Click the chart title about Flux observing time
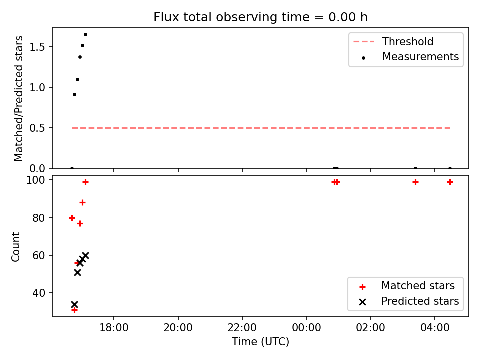pyautogui.click(x=260, y=17)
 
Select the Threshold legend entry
pyautogui.click(x=393, y=41)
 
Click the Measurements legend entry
pyautogui.click(x=410, y=57)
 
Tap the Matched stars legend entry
pyautogui.click(x=408, y=286)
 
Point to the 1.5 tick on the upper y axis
pyautogui.click(x=37, y=47)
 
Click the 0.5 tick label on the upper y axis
pyautogui.click(x=37, y=128)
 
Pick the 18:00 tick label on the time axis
pyautogui.click(x=114, y=328)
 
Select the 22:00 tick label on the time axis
pyautogui.click(x=242, y=328)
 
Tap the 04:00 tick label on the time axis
pyautogui.click(x=435, y=328)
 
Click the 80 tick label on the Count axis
pyautogui.click(x=39, y=218)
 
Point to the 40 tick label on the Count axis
pyautogui.click(x=39, y=293)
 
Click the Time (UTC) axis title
pyautogui.click(x=260, y=341)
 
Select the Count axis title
pyautogui.click(x=15, y=246)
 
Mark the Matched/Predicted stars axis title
pyautogui.click(x=18, y=98)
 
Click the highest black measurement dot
pyautogui.click(x=85, y=35)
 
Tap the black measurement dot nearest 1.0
pyautogui.click(x=78, y=80)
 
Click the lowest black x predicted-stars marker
pyautogui.click(x=74, y=305)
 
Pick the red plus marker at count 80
pyautogui.click(x=72, y=218)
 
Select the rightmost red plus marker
pyautogui.click(x=450, y=182)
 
